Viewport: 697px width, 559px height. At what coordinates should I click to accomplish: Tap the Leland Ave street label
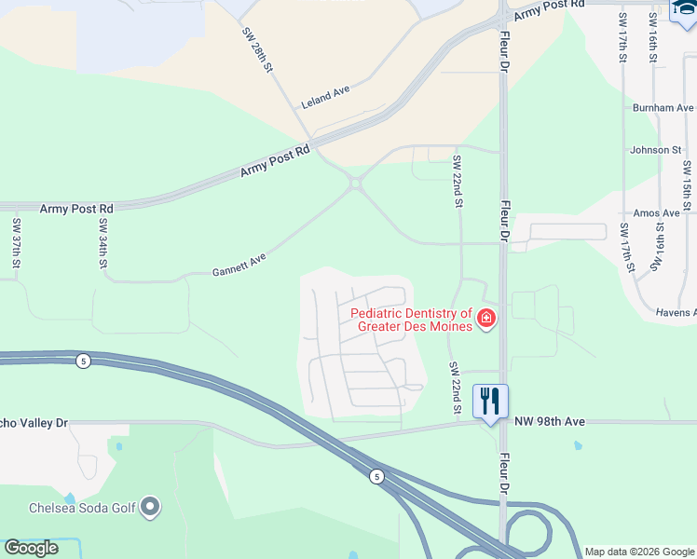click(324, 97)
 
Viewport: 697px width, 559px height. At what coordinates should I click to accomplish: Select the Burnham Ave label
click(663, 108)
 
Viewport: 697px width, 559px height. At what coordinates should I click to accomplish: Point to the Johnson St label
click(655, 150)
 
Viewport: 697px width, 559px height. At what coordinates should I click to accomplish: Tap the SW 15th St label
click(686, 185)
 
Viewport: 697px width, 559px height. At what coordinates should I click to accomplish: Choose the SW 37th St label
click(17, 245)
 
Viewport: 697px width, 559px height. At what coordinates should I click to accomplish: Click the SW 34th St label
click(102, 245)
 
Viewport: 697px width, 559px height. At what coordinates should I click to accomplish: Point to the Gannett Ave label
click(239, 264)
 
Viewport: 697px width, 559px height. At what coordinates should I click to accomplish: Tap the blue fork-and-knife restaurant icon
click(490, 401)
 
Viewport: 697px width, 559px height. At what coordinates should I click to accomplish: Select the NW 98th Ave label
click(550, 422)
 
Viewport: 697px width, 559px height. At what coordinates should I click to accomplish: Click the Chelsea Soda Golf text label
click(81, 509)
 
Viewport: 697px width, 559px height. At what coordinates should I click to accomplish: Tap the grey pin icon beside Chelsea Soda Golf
click(150, 508)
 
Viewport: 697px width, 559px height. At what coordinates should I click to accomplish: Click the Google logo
click(31, 548)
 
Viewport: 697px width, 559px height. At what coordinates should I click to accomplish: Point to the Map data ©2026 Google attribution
click(640, 552)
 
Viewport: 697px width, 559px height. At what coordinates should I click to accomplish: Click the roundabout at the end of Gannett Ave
click(355, 184)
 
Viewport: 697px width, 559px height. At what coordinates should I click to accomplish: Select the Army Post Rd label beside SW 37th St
click(75, 208)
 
